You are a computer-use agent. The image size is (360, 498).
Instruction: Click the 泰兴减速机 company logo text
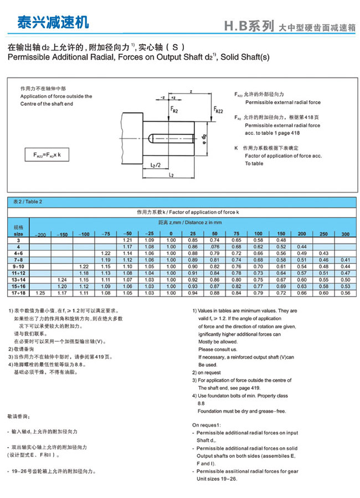(53, 23)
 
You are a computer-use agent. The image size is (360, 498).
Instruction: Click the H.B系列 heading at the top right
(249, 26)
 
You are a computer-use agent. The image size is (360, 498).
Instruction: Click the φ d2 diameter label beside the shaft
(204, 136)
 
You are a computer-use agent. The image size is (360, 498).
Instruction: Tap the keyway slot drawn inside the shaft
(171, 136)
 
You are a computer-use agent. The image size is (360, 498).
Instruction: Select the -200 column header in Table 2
(40, 235)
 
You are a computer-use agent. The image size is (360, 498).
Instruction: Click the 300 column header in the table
(345, 234)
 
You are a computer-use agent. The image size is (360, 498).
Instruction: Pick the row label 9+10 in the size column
(18, 266)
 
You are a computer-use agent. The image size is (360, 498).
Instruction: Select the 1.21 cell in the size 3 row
(127, 240)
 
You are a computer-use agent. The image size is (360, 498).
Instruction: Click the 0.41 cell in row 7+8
(346, 260)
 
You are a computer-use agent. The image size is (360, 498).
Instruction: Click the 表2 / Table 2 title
(28, 202)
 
